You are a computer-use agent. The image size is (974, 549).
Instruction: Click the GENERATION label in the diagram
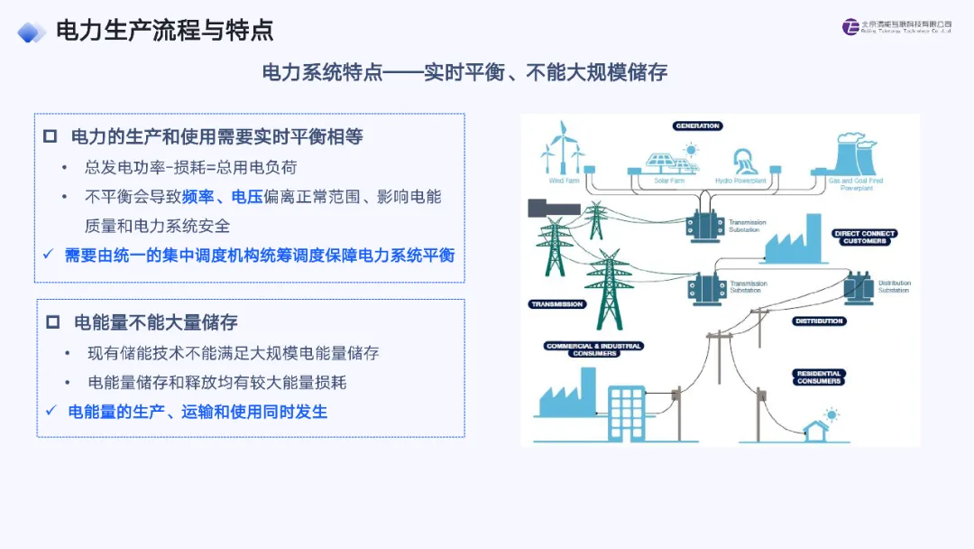(697, 126)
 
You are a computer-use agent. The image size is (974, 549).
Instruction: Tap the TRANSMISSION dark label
(556, 304)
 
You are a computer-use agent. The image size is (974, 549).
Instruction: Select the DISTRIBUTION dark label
(820, 321)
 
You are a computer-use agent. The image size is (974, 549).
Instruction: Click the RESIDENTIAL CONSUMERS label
(819, 377)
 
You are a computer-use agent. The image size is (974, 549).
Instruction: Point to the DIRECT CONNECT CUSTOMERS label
(865, 237)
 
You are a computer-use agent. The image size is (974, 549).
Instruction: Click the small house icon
(818, 429)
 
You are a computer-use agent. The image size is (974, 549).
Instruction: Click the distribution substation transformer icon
(859, 288)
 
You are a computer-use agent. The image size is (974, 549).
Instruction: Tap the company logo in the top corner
(850, 27)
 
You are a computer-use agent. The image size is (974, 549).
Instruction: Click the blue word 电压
(246, 197)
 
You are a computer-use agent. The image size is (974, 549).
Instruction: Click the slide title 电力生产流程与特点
(164, 30)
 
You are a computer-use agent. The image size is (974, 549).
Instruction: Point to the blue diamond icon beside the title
(32, 32)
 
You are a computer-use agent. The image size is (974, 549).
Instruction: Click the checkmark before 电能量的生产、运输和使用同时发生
(51, 412)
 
